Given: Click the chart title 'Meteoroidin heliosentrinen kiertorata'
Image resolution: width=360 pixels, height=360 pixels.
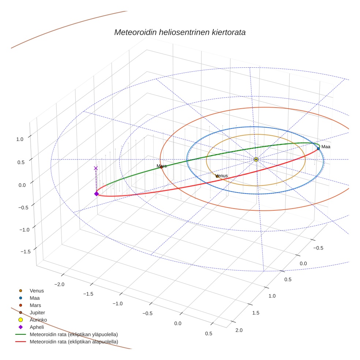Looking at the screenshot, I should (x=180, y=32).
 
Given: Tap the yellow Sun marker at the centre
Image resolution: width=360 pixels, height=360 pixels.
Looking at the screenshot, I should (x=256, y=160).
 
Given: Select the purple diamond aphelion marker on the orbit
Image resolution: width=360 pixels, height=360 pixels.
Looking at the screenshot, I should (x=96, y=194).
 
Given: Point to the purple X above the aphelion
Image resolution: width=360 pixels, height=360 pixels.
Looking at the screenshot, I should (x=96, y=168).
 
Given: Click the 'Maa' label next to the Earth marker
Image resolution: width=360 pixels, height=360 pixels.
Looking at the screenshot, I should (x=326, y=147).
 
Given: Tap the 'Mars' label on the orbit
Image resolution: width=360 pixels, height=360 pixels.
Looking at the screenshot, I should (x=161, y=166).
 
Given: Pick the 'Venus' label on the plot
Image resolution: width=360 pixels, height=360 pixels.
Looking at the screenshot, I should (x=222, y=176).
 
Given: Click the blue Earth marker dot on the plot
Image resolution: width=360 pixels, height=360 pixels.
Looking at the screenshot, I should (x=318, y=149).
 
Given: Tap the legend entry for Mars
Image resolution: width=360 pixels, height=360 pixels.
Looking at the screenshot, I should (x=35, y=305).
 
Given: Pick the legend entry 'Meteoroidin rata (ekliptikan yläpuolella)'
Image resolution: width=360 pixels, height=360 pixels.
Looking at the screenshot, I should (x=74, y=334).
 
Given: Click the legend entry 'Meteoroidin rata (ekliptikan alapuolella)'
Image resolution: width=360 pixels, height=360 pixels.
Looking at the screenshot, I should (x=74, y=342).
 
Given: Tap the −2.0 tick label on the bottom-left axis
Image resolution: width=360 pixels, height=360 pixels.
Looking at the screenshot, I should (x=59, y=284).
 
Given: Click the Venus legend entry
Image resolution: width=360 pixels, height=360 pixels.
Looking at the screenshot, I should (x=37, y=290).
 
